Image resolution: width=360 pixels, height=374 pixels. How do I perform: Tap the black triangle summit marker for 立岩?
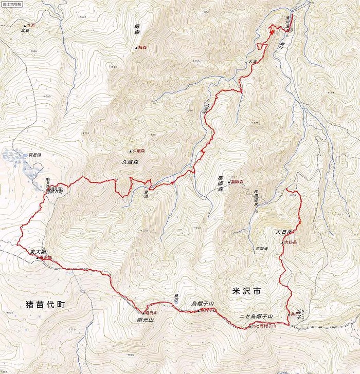coord(24,25)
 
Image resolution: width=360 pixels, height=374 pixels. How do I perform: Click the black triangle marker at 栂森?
coord(137,48)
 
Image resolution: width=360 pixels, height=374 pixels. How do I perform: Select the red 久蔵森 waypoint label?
coord(139,152)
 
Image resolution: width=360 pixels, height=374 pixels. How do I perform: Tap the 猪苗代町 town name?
coord(46,304)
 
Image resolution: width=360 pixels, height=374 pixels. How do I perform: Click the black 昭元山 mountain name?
coord(146,321)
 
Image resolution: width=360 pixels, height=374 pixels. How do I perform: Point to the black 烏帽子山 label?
coord(202,304)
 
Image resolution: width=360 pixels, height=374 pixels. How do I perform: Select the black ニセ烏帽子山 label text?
coord(256,316)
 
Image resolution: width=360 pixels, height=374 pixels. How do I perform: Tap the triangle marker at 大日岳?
coord(282,241)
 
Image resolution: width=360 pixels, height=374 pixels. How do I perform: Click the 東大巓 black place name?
coord(39,251)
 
